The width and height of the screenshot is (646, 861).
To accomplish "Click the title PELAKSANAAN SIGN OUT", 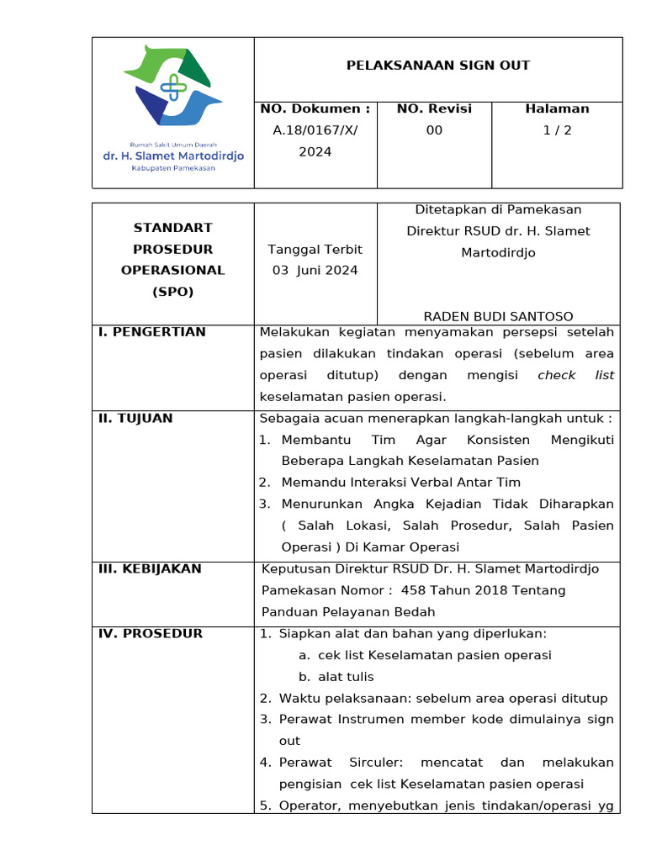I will tap(437, 65).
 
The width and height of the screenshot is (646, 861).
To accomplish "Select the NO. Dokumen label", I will tap(315, 108).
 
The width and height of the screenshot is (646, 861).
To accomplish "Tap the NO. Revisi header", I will tap(434, 108).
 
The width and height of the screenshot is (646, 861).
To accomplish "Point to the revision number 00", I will tap(434, 130).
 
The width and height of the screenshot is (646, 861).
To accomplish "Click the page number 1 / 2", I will tap(557, 130).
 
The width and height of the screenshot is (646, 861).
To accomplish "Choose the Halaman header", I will tap(557, 108).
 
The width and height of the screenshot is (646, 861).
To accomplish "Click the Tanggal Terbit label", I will tap(315, 249).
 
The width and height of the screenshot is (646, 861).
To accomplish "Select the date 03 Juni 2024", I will tap(315, 270).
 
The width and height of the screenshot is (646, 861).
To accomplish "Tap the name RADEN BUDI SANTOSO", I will tap(498, 316).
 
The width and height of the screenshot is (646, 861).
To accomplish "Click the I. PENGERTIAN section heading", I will tap(152, 332).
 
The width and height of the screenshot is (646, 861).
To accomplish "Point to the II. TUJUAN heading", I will tap(135, 418).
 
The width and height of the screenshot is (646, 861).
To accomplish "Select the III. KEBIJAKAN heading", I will tap(150, 568).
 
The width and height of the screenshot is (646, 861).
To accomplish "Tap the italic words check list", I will tap(575, 375).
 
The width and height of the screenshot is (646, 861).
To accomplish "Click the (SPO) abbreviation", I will tap(172, 292).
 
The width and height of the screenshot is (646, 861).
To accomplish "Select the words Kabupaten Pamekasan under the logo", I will tap(173, 168).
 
